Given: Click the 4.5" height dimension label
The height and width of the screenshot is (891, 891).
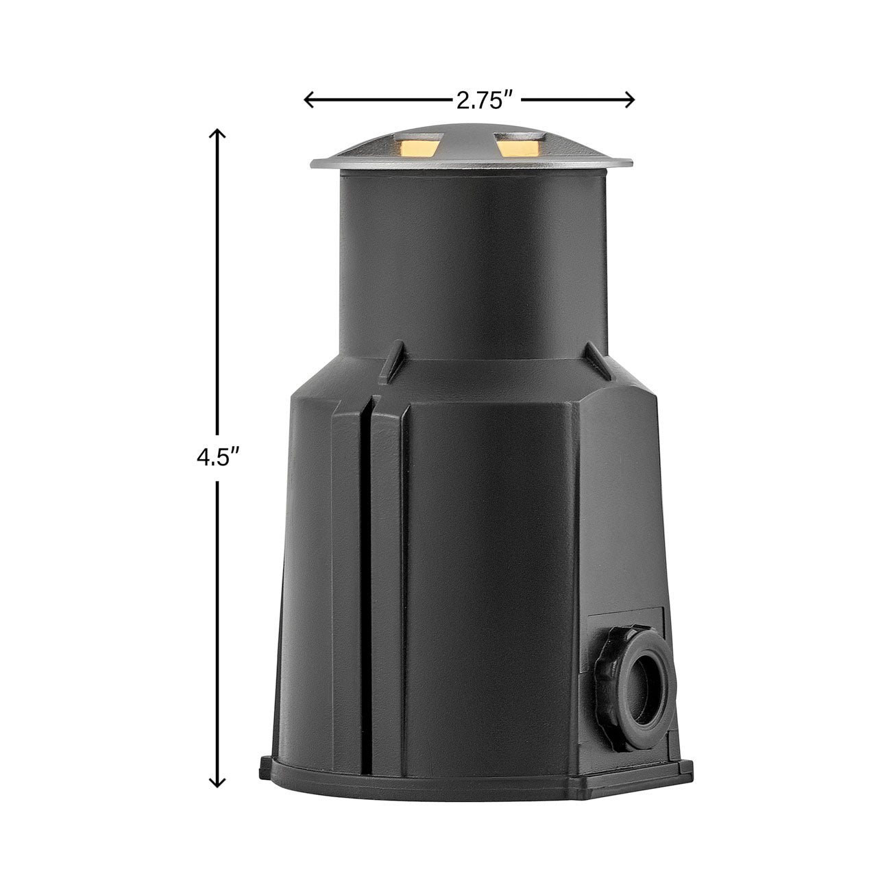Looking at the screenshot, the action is [217, 458].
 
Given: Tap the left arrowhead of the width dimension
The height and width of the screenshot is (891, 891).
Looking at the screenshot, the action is [308, 100].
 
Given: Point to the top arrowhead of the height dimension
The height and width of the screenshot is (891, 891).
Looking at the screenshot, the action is [217, 134].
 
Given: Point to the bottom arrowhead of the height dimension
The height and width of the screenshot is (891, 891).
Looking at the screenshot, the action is [217, 781].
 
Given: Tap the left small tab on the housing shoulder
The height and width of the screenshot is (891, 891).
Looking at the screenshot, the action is [391, 361].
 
